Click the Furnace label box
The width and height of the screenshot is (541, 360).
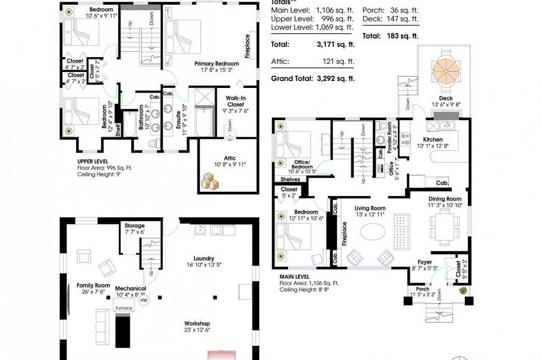(x=124, y=308)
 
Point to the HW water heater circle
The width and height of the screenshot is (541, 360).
(x=143, y=301)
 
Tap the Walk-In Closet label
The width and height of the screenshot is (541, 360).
(x=236, y=105)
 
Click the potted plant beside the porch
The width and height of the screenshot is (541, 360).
(x=462, y=292)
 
